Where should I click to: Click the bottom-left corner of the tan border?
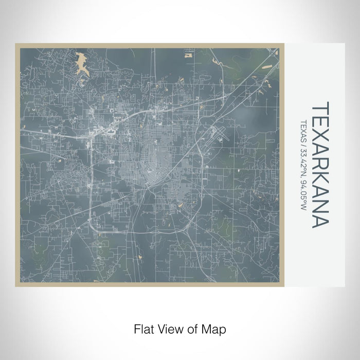click(x=17, y=284)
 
